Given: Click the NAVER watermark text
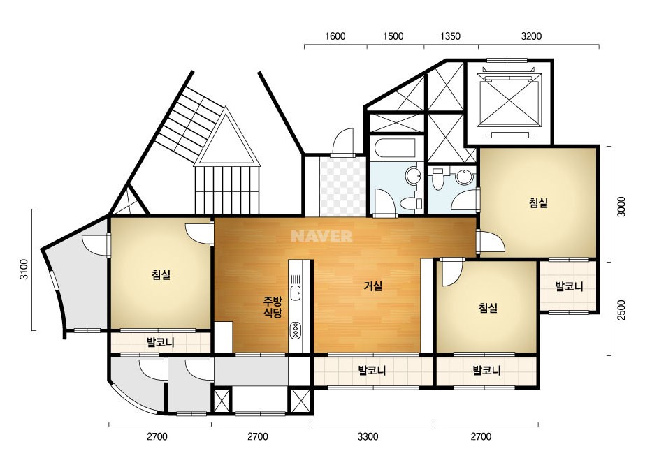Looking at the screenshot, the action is [321, 236].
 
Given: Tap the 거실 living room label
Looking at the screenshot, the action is [373, 286].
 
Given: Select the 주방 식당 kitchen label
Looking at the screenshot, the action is [273, 307].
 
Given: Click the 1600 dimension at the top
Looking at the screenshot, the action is [335, 36].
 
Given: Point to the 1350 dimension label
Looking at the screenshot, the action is [450, 36].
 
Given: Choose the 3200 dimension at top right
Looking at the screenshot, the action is [531, 36].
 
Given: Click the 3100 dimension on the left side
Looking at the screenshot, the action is [24, 270].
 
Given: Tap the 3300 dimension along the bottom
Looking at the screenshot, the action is [368, 436].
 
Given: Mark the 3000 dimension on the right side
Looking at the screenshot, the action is [621, 207].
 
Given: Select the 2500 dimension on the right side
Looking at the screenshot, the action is [621, 310].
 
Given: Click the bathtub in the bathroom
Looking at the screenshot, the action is [395, 149].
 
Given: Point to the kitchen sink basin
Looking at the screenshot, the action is [295, 293].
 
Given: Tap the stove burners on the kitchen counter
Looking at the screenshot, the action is [295, 330].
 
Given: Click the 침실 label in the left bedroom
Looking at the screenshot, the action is [161, 274].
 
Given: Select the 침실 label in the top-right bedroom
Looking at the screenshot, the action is [538, 202].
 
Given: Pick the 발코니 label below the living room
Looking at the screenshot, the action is [372, 371].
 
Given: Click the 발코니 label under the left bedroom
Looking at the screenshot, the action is [161, 341].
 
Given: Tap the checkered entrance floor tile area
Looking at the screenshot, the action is [342, 186].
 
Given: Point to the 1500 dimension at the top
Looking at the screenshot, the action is [393, 36].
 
